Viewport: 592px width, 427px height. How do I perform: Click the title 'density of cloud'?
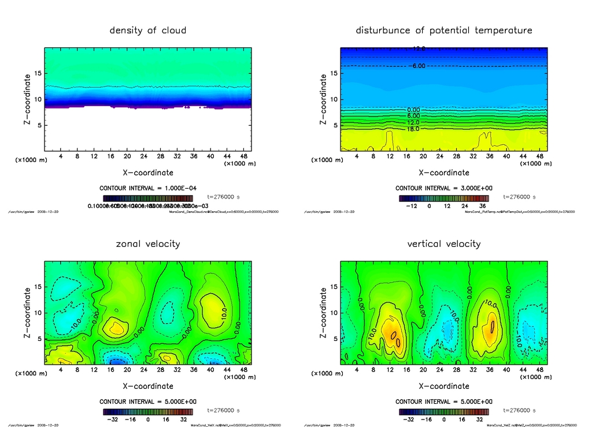pos(148,31)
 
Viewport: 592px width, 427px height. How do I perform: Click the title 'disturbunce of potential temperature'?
pos(444,31)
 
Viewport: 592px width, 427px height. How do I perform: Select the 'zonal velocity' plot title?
pos(148,244)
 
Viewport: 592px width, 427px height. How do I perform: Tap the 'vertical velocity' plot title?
pos(444,244)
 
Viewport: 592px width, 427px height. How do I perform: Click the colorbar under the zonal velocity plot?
pos(148,412)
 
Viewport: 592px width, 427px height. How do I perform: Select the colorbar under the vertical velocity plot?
pos(444,412)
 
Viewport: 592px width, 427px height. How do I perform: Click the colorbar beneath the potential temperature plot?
pos(444,198)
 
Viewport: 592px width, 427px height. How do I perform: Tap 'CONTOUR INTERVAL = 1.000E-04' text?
pos(148,188)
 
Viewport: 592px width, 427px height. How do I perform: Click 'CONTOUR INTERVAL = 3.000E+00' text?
pos(444,188)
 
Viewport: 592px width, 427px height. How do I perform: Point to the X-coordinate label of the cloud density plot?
pos(148,173)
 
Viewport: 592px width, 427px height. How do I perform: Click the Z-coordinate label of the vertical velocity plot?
pos(323,312)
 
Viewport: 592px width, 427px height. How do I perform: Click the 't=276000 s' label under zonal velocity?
pos(223,410)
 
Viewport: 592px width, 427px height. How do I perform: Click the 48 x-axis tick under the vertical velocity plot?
pos(539,369)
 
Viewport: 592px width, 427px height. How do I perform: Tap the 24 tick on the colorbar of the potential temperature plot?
pos(462,205)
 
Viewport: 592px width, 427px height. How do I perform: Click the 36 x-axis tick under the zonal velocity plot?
pos(194,369)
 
